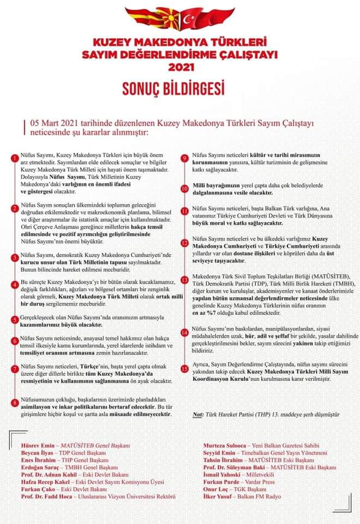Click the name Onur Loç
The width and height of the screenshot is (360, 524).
(214, 489)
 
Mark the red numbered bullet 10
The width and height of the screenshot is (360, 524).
(185, 188)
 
